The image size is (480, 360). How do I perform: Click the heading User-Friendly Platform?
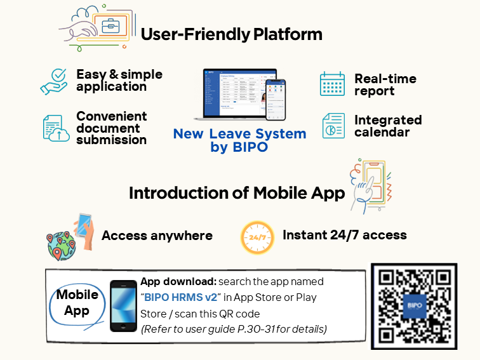tap(231, 34)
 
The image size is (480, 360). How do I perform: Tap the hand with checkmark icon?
tap(54, 81)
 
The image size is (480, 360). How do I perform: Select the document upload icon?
tap(56, 128)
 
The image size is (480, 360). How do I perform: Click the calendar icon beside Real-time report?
tap(332, 84)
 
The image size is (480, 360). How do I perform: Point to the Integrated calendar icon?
tap(333, 126)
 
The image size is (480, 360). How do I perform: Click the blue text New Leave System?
tap(239, 134)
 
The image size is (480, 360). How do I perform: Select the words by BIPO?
tap(239, 147)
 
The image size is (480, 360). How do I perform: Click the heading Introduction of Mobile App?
tap(236, 192)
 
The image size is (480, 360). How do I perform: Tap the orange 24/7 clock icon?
tap(257, 237)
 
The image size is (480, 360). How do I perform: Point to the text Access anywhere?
tap(157, 236)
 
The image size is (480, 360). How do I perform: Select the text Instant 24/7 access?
tap(344, 235)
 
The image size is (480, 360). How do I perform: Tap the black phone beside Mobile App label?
tap(123, 306)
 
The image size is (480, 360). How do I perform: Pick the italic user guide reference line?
tap(234, 329)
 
